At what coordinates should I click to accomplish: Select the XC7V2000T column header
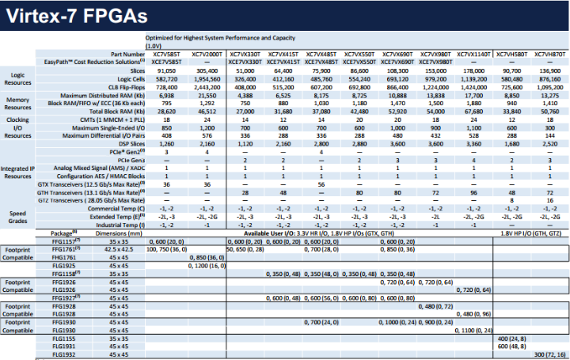(x=206, y=52)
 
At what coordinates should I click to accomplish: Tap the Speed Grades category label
(x=17, y=216)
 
